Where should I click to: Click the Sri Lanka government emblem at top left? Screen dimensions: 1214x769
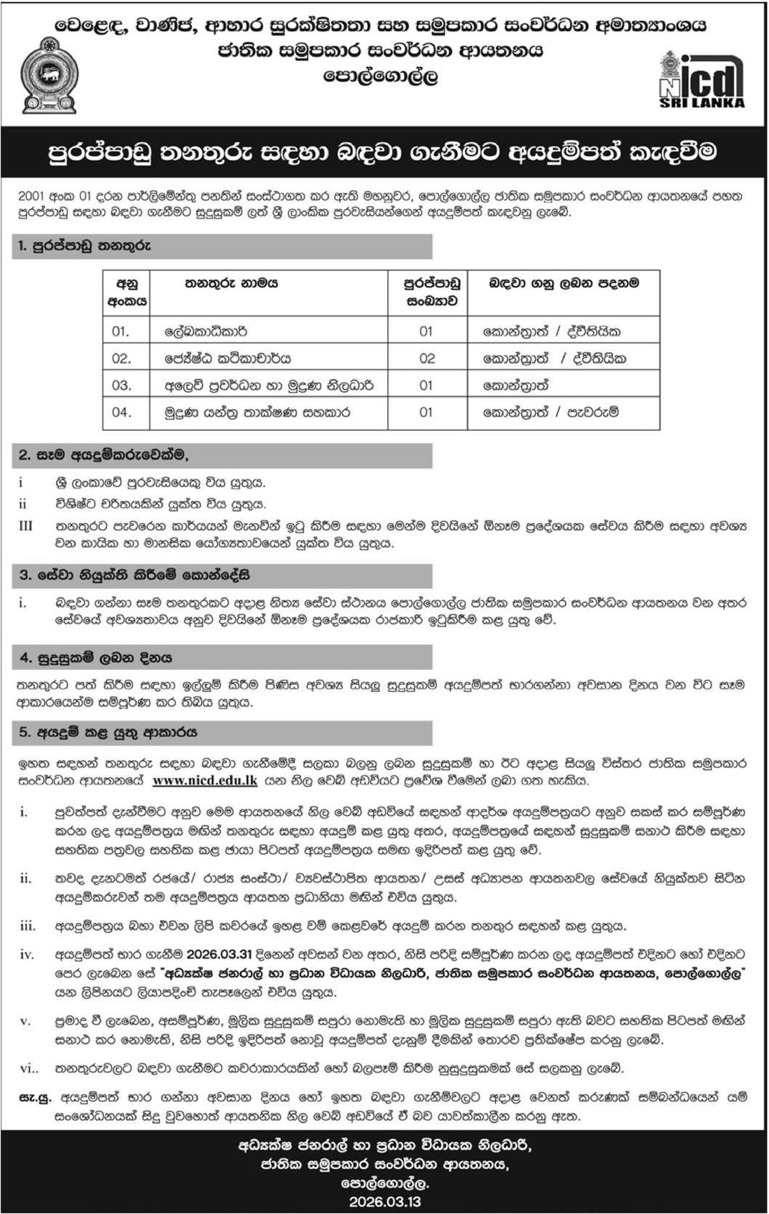point(49,76)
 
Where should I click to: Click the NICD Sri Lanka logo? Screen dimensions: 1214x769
point(701,80)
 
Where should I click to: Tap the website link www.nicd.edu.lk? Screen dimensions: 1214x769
point(205,781)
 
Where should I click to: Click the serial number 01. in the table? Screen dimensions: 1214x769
point(121,331)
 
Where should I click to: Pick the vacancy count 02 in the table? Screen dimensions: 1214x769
point(427,359)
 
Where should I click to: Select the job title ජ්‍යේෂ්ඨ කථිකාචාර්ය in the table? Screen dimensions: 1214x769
point(228,359)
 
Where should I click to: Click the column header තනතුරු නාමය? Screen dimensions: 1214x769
point(231,283)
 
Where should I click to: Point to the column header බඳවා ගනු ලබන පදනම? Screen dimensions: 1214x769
point(563,283)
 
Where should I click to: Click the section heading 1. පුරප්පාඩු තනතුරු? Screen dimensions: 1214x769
point(84,246)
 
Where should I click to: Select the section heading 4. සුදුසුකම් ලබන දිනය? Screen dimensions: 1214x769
point(96,658)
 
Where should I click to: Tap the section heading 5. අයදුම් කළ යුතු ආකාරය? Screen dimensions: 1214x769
point(107,732)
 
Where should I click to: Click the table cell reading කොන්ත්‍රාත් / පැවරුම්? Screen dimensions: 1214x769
point(551,412)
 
